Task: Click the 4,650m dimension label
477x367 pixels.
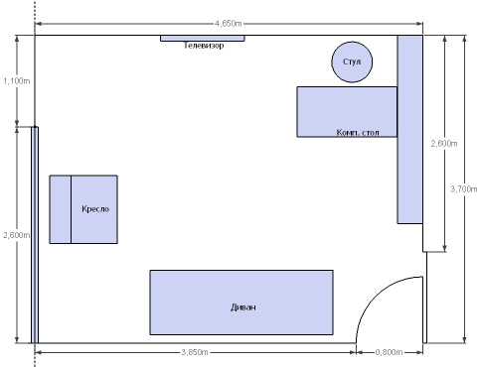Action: (229, 24)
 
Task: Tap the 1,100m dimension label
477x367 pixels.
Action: (17, 80)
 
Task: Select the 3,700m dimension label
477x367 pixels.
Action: (464, 189)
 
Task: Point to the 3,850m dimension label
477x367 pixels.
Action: (195, 352)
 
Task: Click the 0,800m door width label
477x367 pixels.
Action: (389, 352)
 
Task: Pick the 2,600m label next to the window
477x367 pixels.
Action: (17, 235)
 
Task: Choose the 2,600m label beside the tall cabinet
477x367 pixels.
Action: (444, 144)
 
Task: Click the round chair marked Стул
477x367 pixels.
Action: (352, 61)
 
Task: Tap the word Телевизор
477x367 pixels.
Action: (204, 46)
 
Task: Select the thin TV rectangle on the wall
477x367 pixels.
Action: (203, 38)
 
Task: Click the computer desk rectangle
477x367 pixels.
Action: (347, 112)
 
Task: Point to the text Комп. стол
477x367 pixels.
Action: (358, 132)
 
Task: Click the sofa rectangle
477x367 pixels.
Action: (241, 303)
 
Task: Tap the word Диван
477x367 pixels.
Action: (243, 307)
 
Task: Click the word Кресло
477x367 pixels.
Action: (95, 209)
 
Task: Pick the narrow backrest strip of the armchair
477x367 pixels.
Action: (61, 209)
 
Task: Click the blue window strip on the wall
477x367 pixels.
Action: (35, 235)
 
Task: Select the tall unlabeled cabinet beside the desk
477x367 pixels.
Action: (409, 129)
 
